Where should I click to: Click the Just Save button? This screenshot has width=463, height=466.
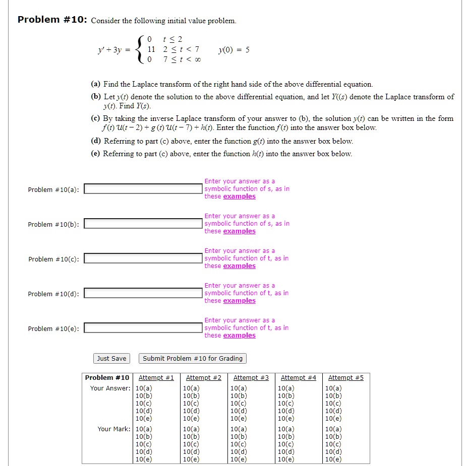coord(111,359)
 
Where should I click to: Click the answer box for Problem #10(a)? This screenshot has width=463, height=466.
coord(143,189)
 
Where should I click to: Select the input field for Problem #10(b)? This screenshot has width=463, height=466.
coord(143,224)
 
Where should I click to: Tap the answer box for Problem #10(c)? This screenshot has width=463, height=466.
coord(143,258)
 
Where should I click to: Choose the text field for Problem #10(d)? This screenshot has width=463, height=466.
coord(143,293)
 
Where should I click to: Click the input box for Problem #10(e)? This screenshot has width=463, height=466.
coord(143,328)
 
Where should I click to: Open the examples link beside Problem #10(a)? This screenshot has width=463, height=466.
coord(239,196)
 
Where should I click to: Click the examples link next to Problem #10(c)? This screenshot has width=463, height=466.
coord(239,266)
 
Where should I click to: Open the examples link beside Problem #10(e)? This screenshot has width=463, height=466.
coord(239,336)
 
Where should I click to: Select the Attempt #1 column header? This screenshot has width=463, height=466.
coord(156,378)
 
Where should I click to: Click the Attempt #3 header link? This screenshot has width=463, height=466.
coord(251,378)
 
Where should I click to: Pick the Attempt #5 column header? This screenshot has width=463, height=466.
coord(346,378)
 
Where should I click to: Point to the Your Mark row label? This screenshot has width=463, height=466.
coord(113,429)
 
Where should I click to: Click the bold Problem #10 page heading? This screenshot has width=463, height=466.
coord(52,20)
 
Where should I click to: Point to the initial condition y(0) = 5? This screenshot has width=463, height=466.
coord(234,50)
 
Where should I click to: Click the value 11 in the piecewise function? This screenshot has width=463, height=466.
coord(151,49)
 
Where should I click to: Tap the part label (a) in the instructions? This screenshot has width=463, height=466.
coord(96,84)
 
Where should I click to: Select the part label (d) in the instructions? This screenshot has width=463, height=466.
coord(96,142)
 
